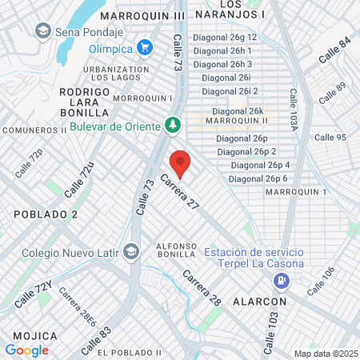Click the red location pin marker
(x=180, y=165)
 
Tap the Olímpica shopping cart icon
(x=145, y=47)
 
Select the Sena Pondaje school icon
(x=42, y=31)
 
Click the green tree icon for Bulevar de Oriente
(x=171, y=125)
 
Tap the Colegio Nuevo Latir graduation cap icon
(x=130, y=254)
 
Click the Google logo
(x=26, y=350)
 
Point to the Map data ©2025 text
(x=325, y=353)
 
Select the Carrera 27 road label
(x=179, y=193)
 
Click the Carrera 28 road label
(x=201, y=288)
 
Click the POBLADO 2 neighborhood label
(x=46, y=214)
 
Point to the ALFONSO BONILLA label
(x=176, y=250)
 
